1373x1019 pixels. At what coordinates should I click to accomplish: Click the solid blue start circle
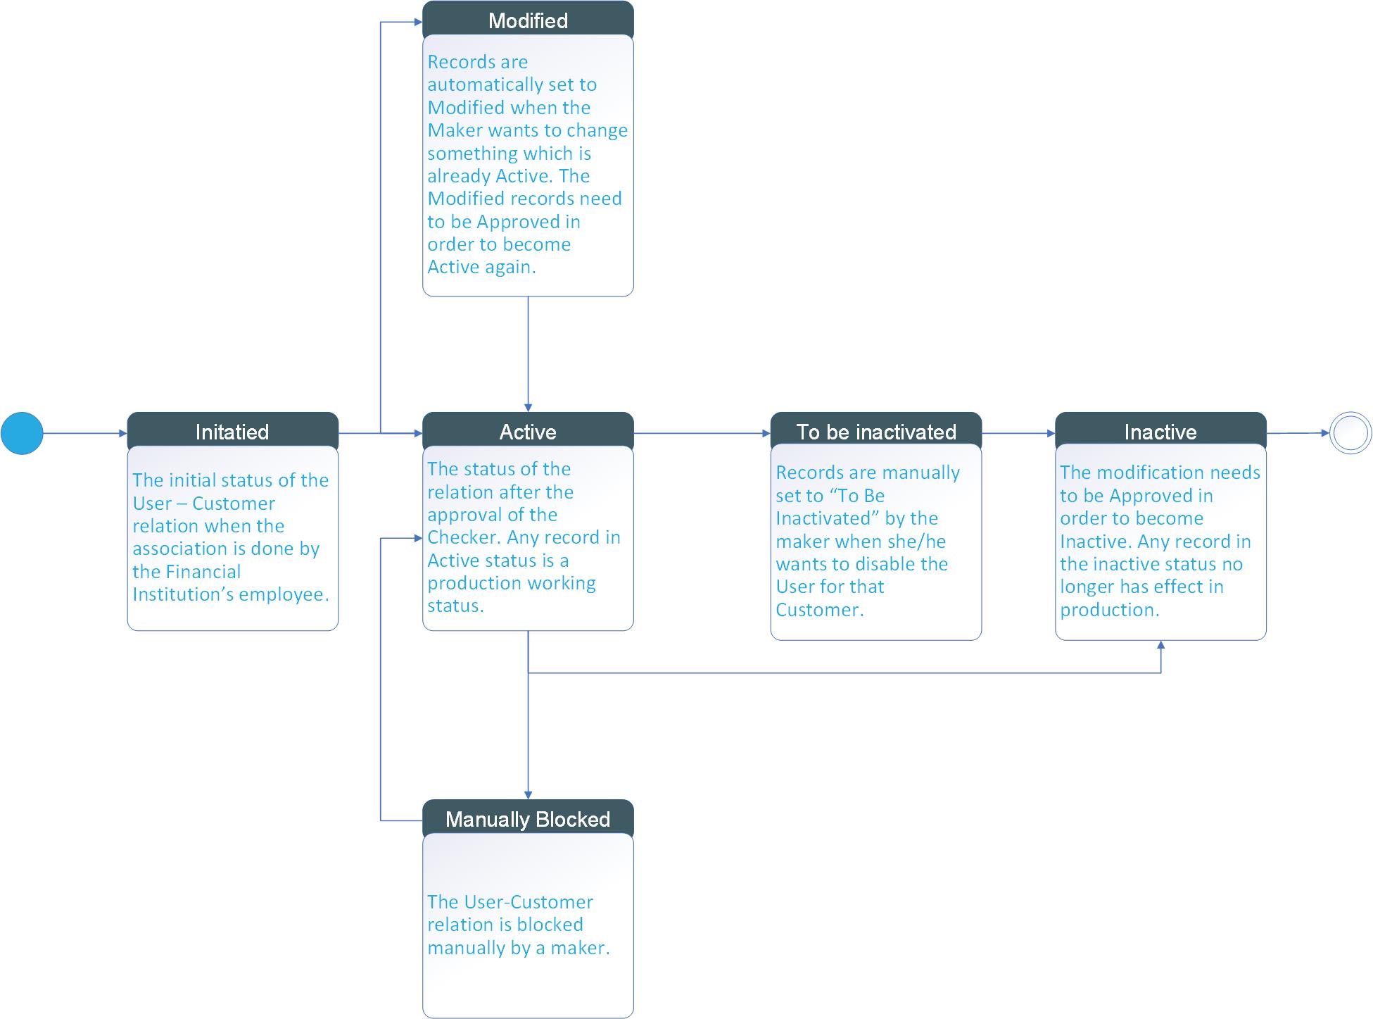[22, 433]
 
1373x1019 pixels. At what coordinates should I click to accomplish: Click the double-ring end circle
[1350, 433]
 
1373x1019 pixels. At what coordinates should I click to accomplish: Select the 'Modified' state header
[528, 20]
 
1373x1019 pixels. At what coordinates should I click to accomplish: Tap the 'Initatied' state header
[232, 431]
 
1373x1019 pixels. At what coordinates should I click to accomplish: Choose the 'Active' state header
[528, 431]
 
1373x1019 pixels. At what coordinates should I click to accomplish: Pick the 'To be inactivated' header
[875, 431]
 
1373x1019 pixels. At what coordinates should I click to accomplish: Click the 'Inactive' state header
[1160, 431]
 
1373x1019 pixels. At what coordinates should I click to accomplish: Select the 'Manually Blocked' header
[528, 818]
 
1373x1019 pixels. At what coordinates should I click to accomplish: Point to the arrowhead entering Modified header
[418, 23]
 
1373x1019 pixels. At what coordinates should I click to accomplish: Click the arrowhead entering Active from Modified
[528, 408]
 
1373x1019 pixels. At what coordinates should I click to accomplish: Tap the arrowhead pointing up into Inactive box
[1160, 645]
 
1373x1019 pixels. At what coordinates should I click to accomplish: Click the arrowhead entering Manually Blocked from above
[528, 795]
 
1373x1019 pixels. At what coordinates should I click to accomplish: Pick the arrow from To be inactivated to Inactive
[1018, 433]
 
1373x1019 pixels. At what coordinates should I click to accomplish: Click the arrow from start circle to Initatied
[84, 433]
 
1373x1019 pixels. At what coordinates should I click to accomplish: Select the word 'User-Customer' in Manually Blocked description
[510, 902]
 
